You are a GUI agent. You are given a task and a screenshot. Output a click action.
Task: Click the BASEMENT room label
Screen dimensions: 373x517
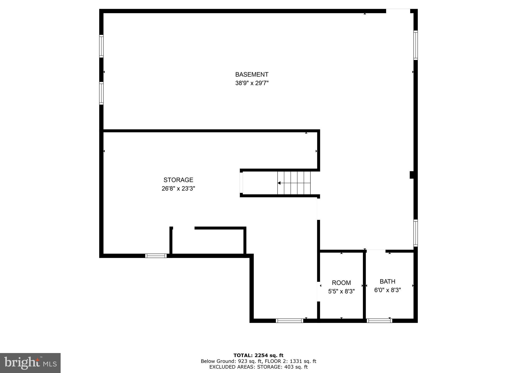pos(252,75)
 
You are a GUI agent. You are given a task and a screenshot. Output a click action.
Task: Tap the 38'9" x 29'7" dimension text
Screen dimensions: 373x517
pos(252,83)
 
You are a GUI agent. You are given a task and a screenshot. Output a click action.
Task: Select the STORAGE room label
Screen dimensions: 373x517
pos(178,180)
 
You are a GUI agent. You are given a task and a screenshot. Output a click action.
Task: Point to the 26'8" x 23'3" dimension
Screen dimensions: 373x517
pos(178,189)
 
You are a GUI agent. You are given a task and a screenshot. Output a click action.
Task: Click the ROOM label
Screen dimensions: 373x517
pos(341,283)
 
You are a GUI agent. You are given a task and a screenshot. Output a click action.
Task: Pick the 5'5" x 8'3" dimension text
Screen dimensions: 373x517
pos(341,291)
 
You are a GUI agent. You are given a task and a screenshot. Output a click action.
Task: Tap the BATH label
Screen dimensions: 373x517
pos(387,282)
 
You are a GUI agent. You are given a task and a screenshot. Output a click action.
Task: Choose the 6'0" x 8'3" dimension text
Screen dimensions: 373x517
pos(387,290)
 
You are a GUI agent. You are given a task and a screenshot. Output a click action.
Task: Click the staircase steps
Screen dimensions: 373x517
pos(294,183)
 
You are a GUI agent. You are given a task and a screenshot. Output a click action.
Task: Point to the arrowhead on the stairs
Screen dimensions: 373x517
pos(279,183)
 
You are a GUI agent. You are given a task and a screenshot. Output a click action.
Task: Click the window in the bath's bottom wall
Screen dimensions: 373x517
pos(379,321)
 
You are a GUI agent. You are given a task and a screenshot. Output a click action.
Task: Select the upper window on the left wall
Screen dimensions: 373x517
pos(101,46)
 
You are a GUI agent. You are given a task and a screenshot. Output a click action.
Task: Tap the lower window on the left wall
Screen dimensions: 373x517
pos(101,93)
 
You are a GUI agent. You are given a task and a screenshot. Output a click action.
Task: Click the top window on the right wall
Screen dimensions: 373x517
pos(415,45)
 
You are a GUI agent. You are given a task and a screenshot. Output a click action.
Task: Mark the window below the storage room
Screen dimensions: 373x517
pos(156,256)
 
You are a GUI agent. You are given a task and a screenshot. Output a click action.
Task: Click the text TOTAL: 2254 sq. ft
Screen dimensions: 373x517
pos(258,356)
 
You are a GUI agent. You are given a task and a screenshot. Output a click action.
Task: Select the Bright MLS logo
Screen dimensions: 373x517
pos(30,363)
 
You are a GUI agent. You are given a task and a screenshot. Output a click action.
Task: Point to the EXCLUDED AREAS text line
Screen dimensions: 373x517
pos(258,367)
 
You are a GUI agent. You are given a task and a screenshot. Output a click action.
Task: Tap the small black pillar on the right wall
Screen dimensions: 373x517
pos(411,175)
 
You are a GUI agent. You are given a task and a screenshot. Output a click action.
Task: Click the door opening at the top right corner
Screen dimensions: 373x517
pos(398,11)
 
